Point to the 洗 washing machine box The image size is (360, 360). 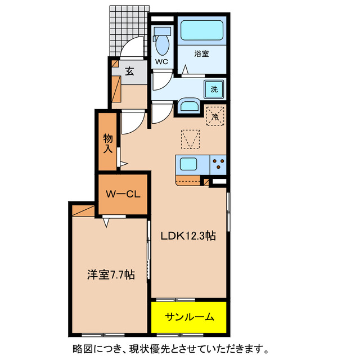point(215,89)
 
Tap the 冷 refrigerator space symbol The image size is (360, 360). point(215,116)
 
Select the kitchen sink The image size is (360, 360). point(188,165)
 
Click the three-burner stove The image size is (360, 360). point(218,164)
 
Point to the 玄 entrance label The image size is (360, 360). point(129,71)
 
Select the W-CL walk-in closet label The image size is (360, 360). point(123,195)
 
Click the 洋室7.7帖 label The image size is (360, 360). point(110,275)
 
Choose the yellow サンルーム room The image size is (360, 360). point(189,317)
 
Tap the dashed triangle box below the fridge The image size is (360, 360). point(190,139)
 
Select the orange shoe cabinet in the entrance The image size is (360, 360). point(115,88)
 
